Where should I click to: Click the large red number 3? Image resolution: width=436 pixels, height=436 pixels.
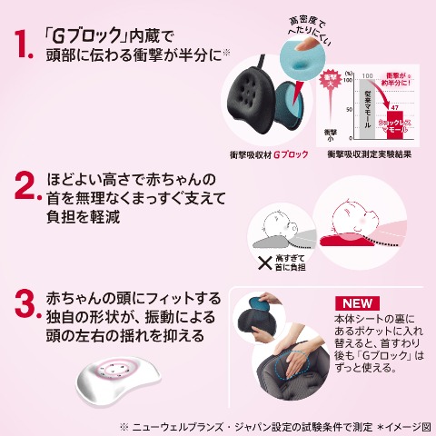pos(25,306)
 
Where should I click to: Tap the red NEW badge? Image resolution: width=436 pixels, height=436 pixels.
pos(356,303)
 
